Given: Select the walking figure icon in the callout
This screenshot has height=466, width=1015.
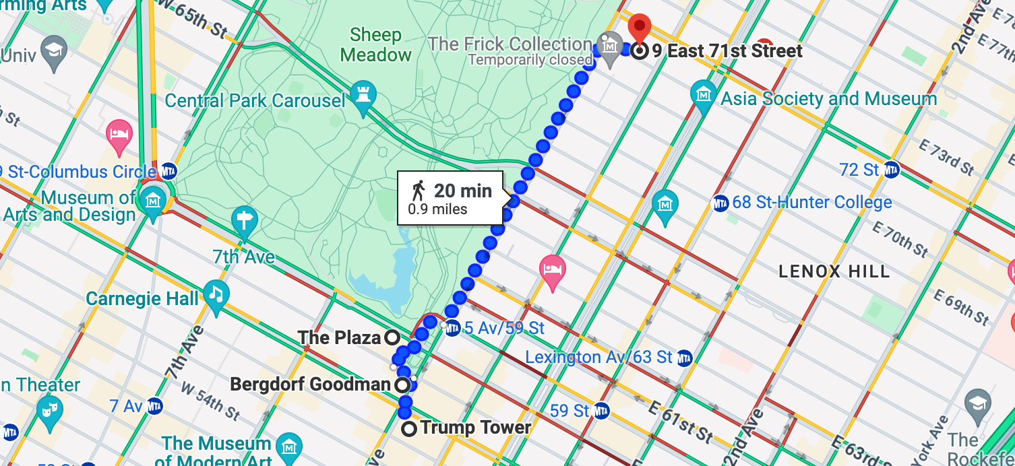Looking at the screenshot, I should click(419, 191).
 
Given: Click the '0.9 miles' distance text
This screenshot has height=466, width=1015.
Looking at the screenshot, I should click(437, 209).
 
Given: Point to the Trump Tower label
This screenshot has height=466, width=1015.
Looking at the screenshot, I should click(475, 428).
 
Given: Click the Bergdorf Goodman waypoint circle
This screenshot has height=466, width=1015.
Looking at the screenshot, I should click(402, 385).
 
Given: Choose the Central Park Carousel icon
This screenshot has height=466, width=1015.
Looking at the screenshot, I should click(363, 96).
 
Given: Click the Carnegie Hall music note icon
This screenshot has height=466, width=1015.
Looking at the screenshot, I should click(216, 294).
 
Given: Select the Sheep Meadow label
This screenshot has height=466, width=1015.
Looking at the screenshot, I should click(376, 44).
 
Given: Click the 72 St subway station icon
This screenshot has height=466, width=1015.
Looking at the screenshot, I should click(892, 170).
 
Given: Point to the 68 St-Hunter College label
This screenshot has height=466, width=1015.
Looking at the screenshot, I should click(811, 202).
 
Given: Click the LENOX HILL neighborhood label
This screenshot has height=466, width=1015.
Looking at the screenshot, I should click(834, 272).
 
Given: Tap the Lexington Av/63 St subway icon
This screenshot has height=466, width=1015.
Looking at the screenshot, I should click(685, 357).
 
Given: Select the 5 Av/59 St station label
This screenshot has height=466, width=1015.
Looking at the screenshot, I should click(504, 329).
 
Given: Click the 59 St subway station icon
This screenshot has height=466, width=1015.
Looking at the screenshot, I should click(601, 410).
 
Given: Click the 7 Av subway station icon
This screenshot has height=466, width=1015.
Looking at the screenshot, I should click(155, 406).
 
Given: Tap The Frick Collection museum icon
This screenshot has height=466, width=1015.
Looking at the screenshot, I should click(610, 48).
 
